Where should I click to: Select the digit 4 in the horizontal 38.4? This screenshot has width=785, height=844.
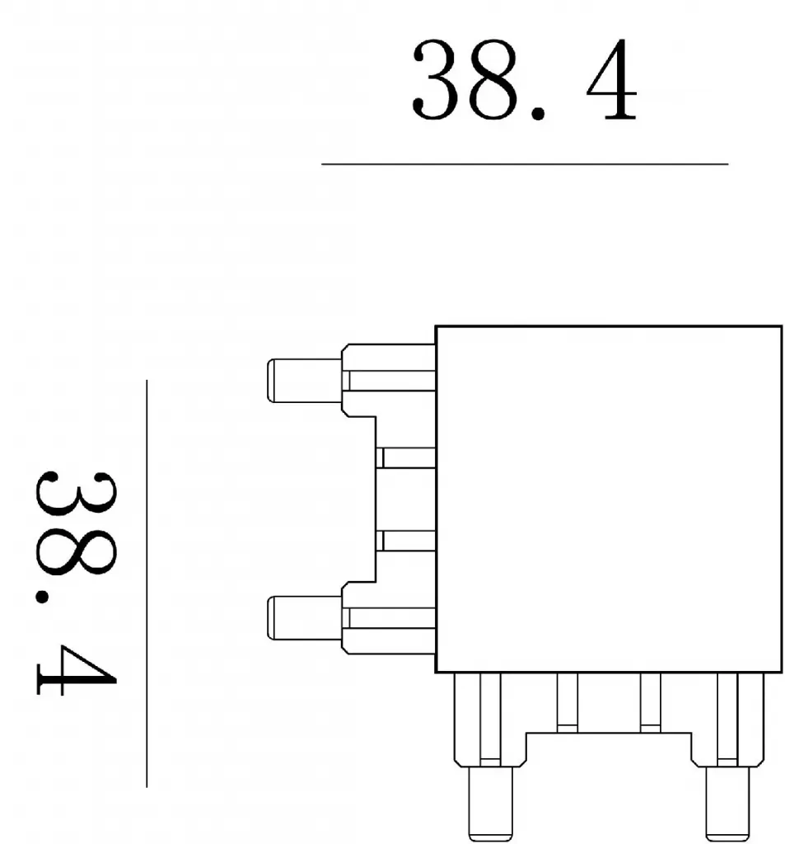(611, 79)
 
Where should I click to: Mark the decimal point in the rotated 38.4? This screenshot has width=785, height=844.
(43, 597)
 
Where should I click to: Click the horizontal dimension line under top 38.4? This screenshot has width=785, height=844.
(525, 164)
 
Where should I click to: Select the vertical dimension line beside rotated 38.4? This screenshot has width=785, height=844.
(147, 584)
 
